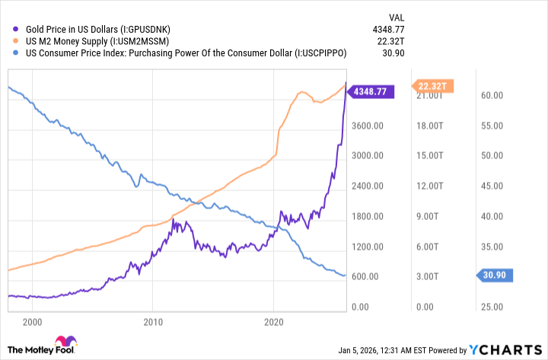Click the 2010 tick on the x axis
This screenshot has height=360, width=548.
[x=153, y=322]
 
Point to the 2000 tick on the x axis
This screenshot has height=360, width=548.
[x=32, y=322]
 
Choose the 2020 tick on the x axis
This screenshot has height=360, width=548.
[x=274, y=322]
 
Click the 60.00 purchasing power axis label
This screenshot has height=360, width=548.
[x=492, y=96]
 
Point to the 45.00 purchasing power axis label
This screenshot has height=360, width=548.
[x=492, y=186]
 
